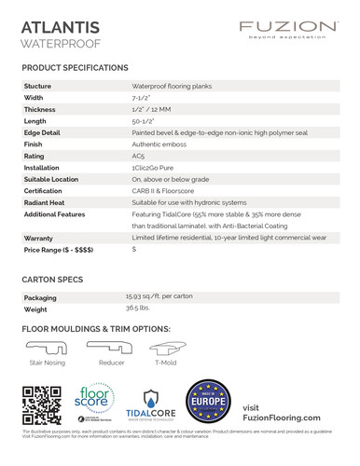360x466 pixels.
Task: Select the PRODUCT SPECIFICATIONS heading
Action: pos(75,69)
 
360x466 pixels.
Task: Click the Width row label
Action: pos(34,97)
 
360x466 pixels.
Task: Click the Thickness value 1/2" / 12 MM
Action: pos(153,109)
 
